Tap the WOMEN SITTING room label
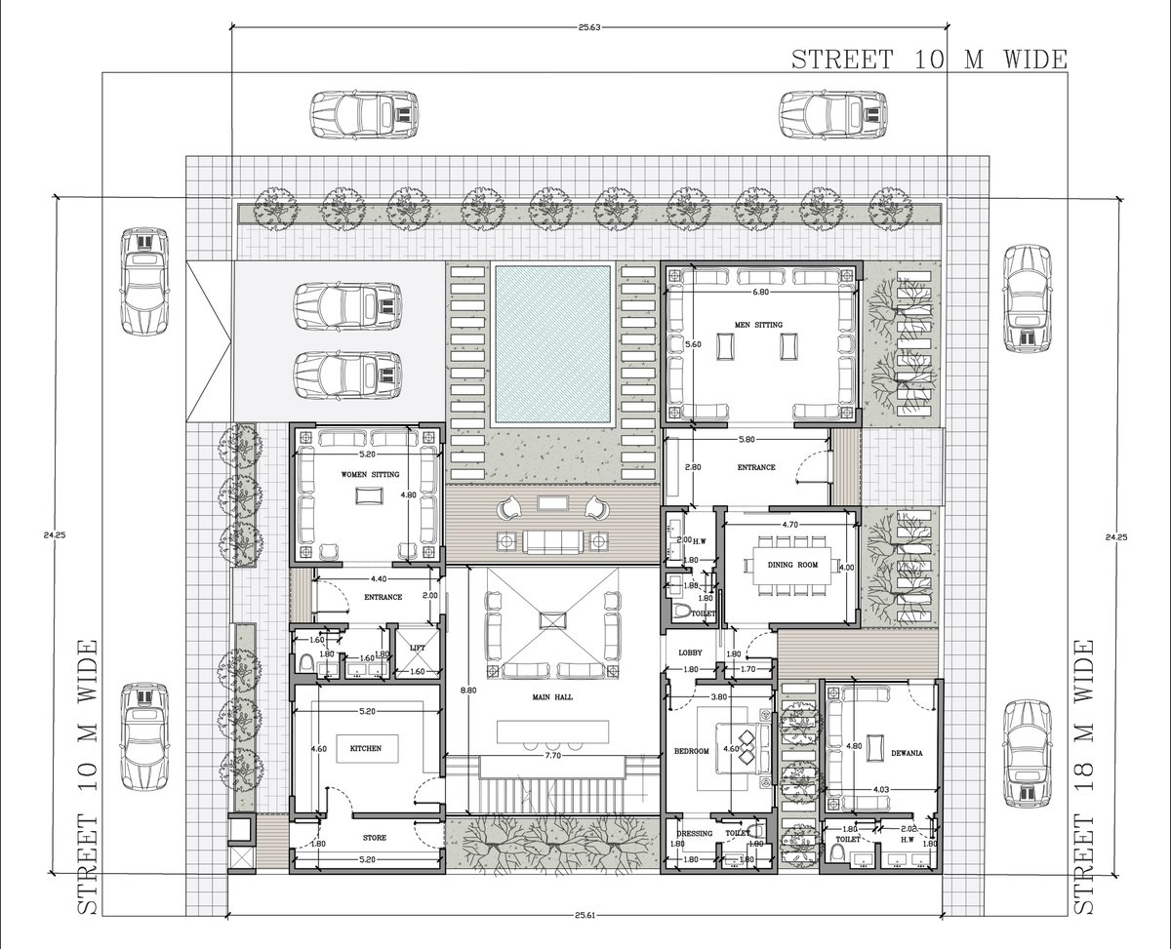coord(370,474)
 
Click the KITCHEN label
coord(366,748)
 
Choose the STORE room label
coord(374,838)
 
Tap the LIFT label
coord(417,647)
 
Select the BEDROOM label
coord(692,751)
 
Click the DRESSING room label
coord(694,833)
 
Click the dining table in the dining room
coord(791,564)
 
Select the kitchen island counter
coord(367,748)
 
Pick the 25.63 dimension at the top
coord(588,27)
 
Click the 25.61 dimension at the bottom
coord(585,915)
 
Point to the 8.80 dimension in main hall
coord(468,690)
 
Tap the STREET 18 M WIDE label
coord(1084,776)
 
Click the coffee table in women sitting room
coord(367,495)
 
